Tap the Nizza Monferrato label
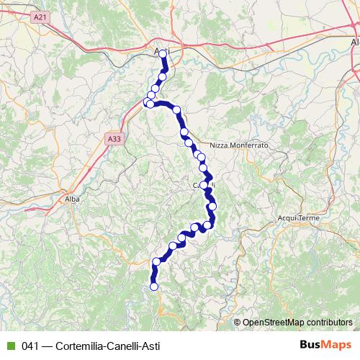click(x=239, y=145)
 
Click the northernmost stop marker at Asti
click(x=163, y=54)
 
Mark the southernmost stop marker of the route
click(x=153, y=287)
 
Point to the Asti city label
click(x=161, y=49)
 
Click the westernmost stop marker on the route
click(x=149, y=104)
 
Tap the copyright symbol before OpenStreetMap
click(x=238, y=322)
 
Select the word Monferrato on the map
click(x=249, y=145)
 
